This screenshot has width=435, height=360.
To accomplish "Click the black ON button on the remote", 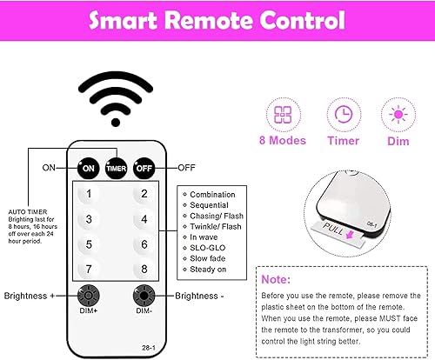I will (x=88, y=166).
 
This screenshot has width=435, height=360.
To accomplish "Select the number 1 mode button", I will (x=88, y=195).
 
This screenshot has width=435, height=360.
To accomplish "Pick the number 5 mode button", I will (x=88, y=244).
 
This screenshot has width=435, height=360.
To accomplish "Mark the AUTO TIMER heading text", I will (x=27, y=210).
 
